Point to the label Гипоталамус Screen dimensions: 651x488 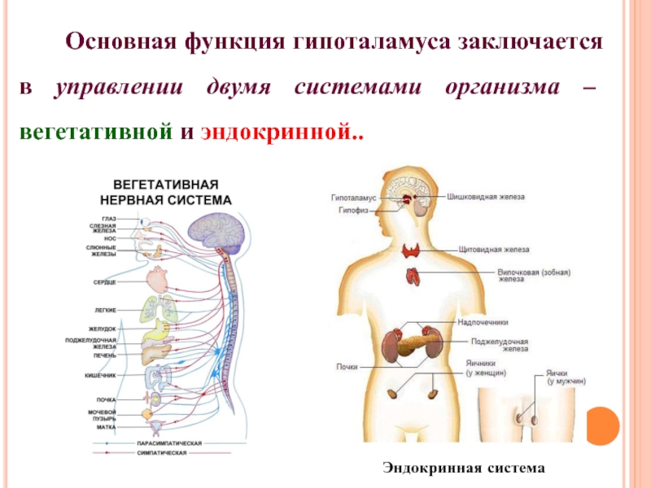pyautogui.click(x=354, y=198)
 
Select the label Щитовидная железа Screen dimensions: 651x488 pyautogui.click(x=494, y=250)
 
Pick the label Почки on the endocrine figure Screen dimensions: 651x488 pyautogui.click(x=347, y=367)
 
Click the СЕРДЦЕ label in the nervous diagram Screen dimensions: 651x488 pyautogui.click(x=105, y=281)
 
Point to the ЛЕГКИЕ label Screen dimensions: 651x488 pyautogui.click(x=106, y=310)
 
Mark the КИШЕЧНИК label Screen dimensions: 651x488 pyautogui.click(x=101, y=375)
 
